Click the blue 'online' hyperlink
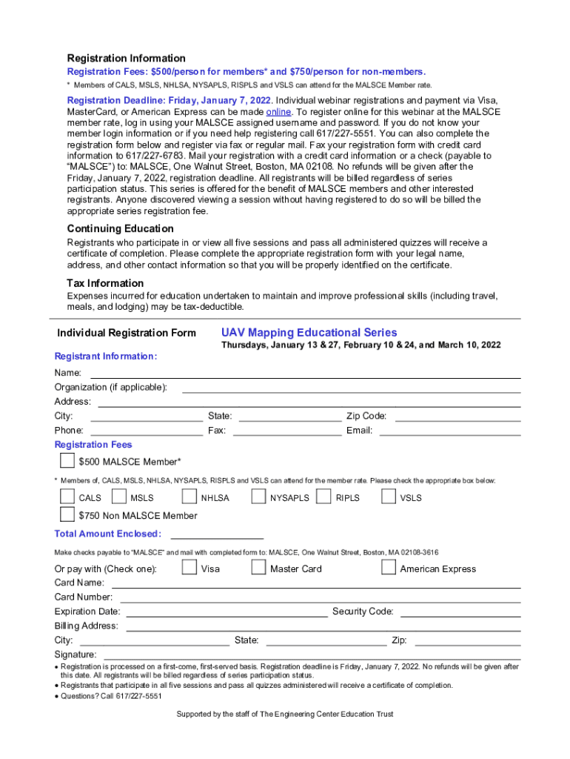[278, 112]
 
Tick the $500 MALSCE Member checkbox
[67, 461]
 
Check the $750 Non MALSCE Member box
[67, 514]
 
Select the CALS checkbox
[67, 497]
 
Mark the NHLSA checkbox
[189, 497]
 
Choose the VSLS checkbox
[389, 497]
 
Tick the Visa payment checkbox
[189, 568]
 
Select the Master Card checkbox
[258, 568]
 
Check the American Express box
[389, 568]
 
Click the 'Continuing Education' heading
[121, 229]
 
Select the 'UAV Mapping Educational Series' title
[309, 333]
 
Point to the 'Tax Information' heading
[105, 283]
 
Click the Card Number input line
[321, 600]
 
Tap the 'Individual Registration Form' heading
[127, 333]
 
